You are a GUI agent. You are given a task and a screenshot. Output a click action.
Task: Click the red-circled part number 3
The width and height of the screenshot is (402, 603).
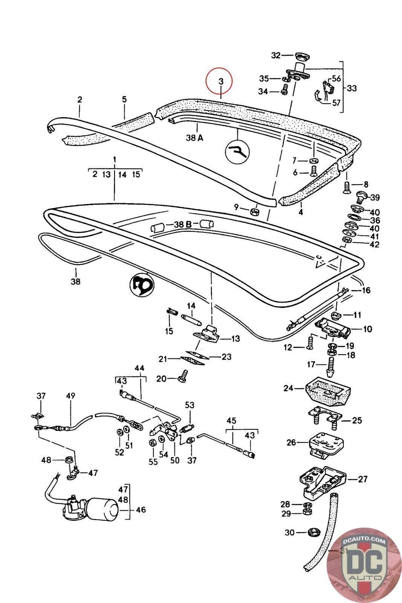(x=221, y=81)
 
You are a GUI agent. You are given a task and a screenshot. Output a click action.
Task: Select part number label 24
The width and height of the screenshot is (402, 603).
(x=288, y=388)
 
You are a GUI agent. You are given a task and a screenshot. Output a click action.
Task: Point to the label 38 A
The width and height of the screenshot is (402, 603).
(x=194, y=138)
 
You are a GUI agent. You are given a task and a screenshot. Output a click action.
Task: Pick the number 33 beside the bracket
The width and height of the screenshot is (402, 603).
(x=352, y=88)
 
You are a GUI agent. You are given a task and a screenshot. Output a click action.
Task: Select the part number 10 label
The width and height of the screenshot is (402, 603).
(x=367, y=329)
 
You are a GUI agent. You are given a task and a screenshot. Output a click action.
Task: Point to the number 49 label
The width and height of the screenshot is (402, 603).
(x=70, y=396)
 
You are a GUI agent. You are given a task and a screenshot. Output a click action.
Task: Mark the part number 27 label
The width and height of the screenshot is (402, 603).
(x=363, y=479)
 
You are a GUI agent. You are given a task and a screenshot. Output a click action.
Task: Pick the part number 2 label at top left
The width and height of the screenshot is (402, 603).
(x=79, y=100)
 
